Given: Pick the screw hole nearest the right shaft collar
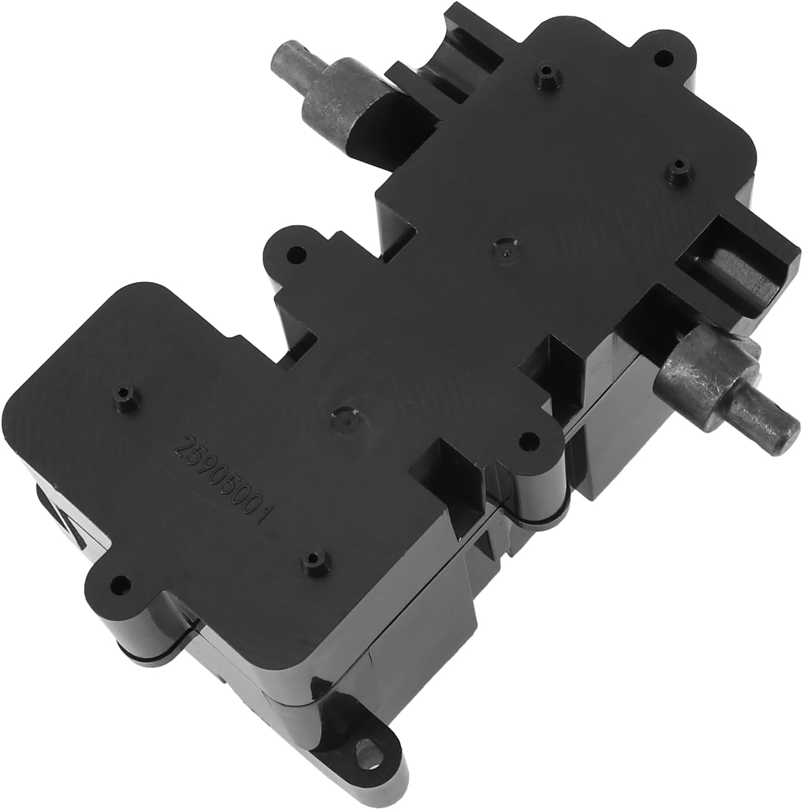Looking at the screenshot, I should click(527, 438).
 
